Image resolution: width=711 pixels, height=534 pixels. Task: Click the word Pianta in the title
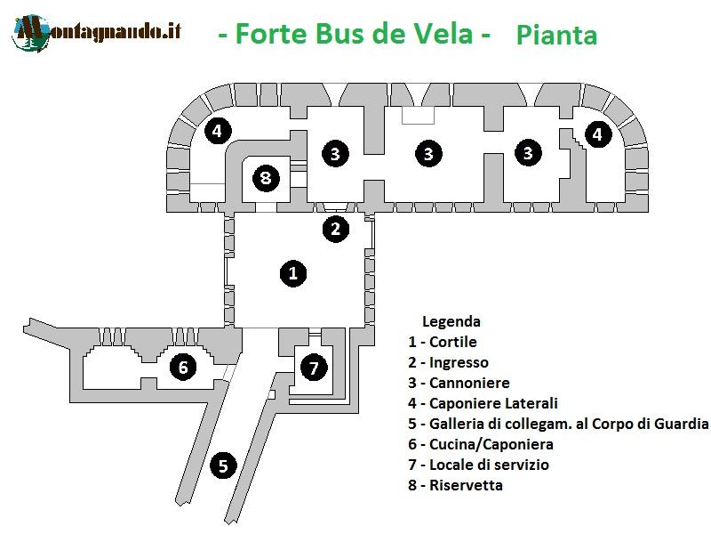pos(555,36)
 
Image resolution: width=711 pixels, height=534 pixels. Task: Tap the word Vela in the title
pos(441,35)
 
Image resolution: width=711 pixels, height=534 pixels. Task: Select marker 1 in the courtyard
pos(293,272)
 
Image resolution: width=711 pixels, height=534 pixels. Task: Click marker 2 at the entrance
pos(335,229)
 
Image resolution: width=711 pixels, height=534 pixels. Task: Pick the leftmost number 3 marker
pos(334,153)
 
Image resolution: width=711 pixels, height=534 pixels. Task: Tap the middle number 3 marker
pos(428,153)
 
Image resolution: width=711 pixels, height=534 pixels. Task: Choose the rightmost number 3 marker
pos(528,153)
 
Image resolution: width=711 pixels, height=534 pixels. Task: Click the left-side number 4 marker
pos(216,132)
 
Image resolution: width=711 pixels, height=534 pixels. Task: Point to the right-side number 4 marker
pos(597,134)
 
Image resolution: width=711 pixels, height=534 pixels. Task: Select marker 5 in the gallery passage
pos(223,465)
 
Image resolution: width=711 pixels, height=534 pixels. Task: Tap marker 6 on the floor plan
pos(183,366)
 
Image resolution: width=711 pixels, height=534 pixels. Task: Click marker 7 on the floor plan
pos(313,366)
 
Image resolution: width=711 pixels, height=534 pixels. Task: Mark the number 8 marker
pos(265,178)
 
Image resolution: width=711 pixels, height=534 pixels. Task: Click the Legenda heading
pos(451,321)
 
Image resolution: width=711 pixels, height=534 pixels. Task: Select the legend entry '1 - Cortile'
pos(443,342)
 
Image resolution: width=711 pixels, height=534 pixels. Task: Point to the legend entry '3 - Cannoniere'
pos(459,383)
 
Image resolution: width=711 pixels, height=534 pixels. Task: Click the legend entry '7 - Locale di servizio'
pos(478,465)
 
